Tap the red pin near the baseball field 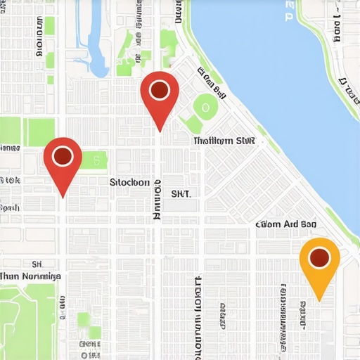click(160, 95)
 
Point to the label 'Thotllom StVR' click(224, 141)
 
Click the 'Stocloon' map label click(130, 182)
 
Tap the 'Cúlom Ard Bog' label click(285, 225)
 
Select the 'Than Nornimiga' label click(31, 277)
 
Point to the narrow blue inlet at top click(96, 42)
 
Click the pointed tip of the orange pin click(319, 300)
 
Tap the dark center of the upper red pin click(160, 90)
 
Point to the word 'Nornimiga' click(41, 277)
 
